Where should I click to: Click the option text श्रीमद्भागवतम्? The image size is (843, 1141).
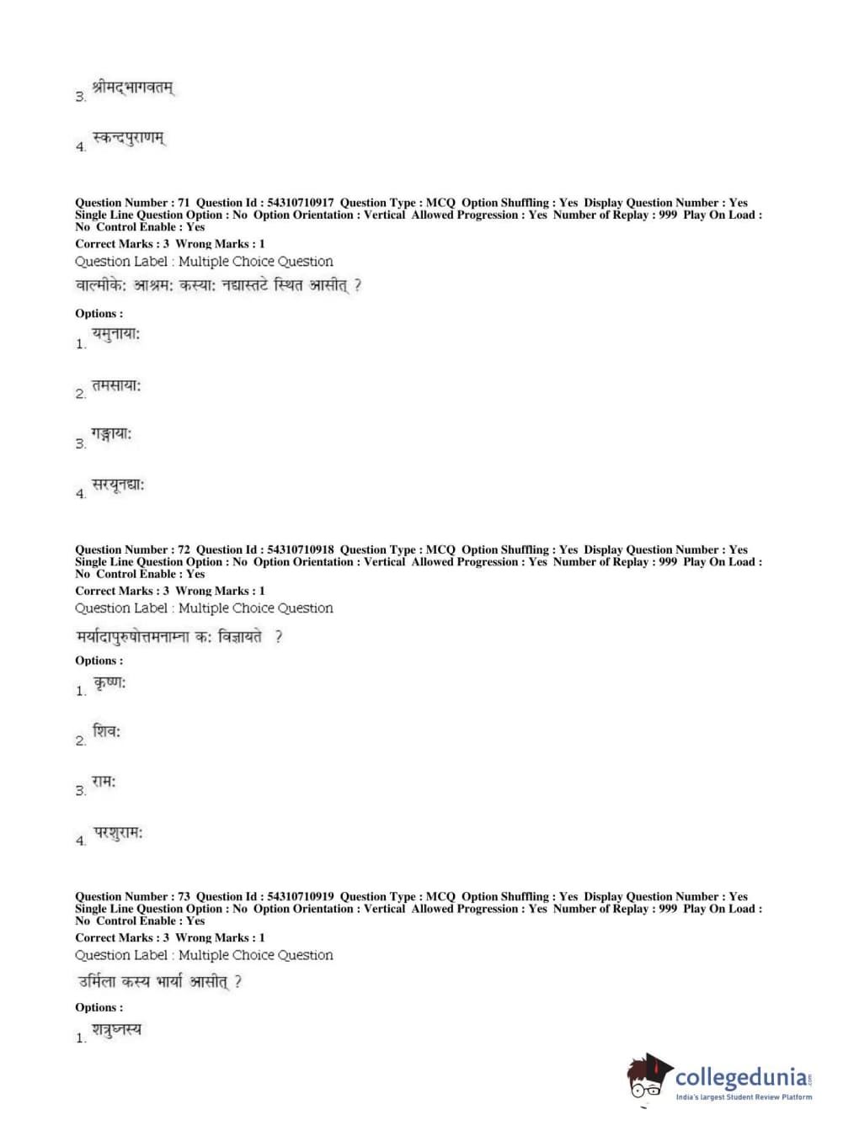click(133, 88)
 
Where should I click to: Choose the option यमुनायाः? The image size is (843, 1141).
click(115, 335)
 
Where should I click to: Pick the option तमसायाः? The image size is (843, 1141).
click(116, 385)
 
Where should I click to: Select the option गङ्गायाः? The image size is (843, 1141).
click(111, 435)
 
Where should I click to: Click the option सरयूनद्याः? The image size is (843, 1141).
click(118, 486)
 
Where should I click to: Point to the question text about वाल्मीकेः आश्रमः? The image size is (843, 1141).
click(218, 286)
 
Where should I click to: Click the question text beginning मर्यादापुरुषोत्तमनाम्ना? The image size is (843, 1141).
click(179, 637)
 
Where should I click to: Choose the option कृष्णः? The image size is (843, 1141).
click(109, 682)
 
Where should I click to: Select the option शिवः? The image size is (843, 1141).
click(107, 732)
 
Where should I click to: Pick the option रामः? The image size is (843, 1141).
click(104, 782)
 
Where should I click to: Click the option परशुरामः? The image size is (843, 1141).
click(118, 833)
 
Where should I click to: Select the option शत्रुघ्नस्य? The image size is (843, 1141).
click(116, 1030)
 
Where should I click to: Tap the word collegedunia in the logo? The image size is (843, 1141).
click(740, 1077)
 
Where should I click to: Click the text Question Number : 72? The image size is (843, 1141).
click(132, 549)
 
